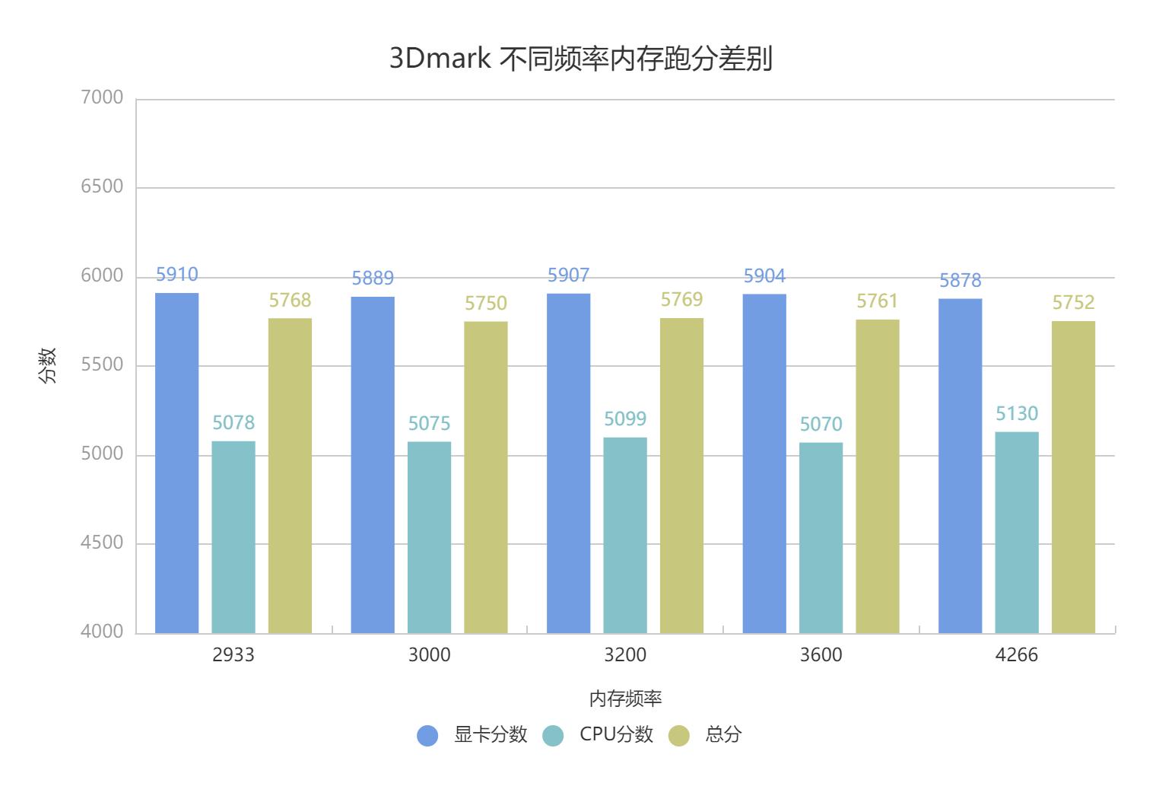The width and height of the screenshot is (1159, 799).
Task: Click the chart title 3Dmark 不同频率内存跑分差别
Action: pos(580,59)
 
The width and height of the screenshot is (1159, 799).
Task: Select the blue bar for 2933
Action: pos(176,463)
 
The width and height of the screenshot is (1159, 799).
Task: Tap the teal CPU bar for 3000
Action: pos(429,536)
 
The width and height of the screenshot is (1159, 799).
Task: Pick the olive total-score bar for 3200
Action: pos(681,476)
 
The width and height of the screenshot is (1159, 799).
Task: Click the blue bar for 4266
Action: pos(960,466)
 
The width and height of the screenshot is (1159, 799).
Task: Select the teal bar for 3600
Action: pos(821,537)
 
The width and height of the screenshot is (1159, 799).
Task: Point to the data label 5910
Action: pos(176,275)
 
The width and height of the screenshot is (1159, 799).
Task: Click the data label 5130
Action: pos(1017,414)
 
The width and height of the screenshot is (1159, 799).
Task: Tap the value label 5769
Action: pos(681,300)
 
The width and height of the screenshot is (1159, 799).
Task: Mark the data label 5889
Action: pos(373,279)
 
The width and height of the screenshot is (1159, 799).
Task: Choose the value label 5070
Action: pos(821,425)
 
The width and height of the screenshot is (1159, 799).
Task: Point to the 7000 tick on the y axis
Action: pos(102,97)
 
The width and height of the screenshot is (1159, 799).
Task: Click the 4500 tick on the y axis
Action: pos(102,543)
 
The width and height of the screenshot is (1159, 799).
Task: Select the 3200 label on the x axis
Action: pos(625,655)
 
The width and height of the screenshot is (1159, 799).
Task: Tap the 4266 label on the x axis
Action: pos(1016,655)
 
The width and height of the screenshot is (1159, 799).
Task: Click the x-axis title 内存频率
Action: pos(625,699)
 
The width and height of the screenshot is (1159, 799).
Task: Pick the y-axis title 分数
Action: pos(47,365)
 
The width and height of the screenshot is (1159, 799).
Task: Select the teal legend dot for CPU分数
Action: pos(553,736)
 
